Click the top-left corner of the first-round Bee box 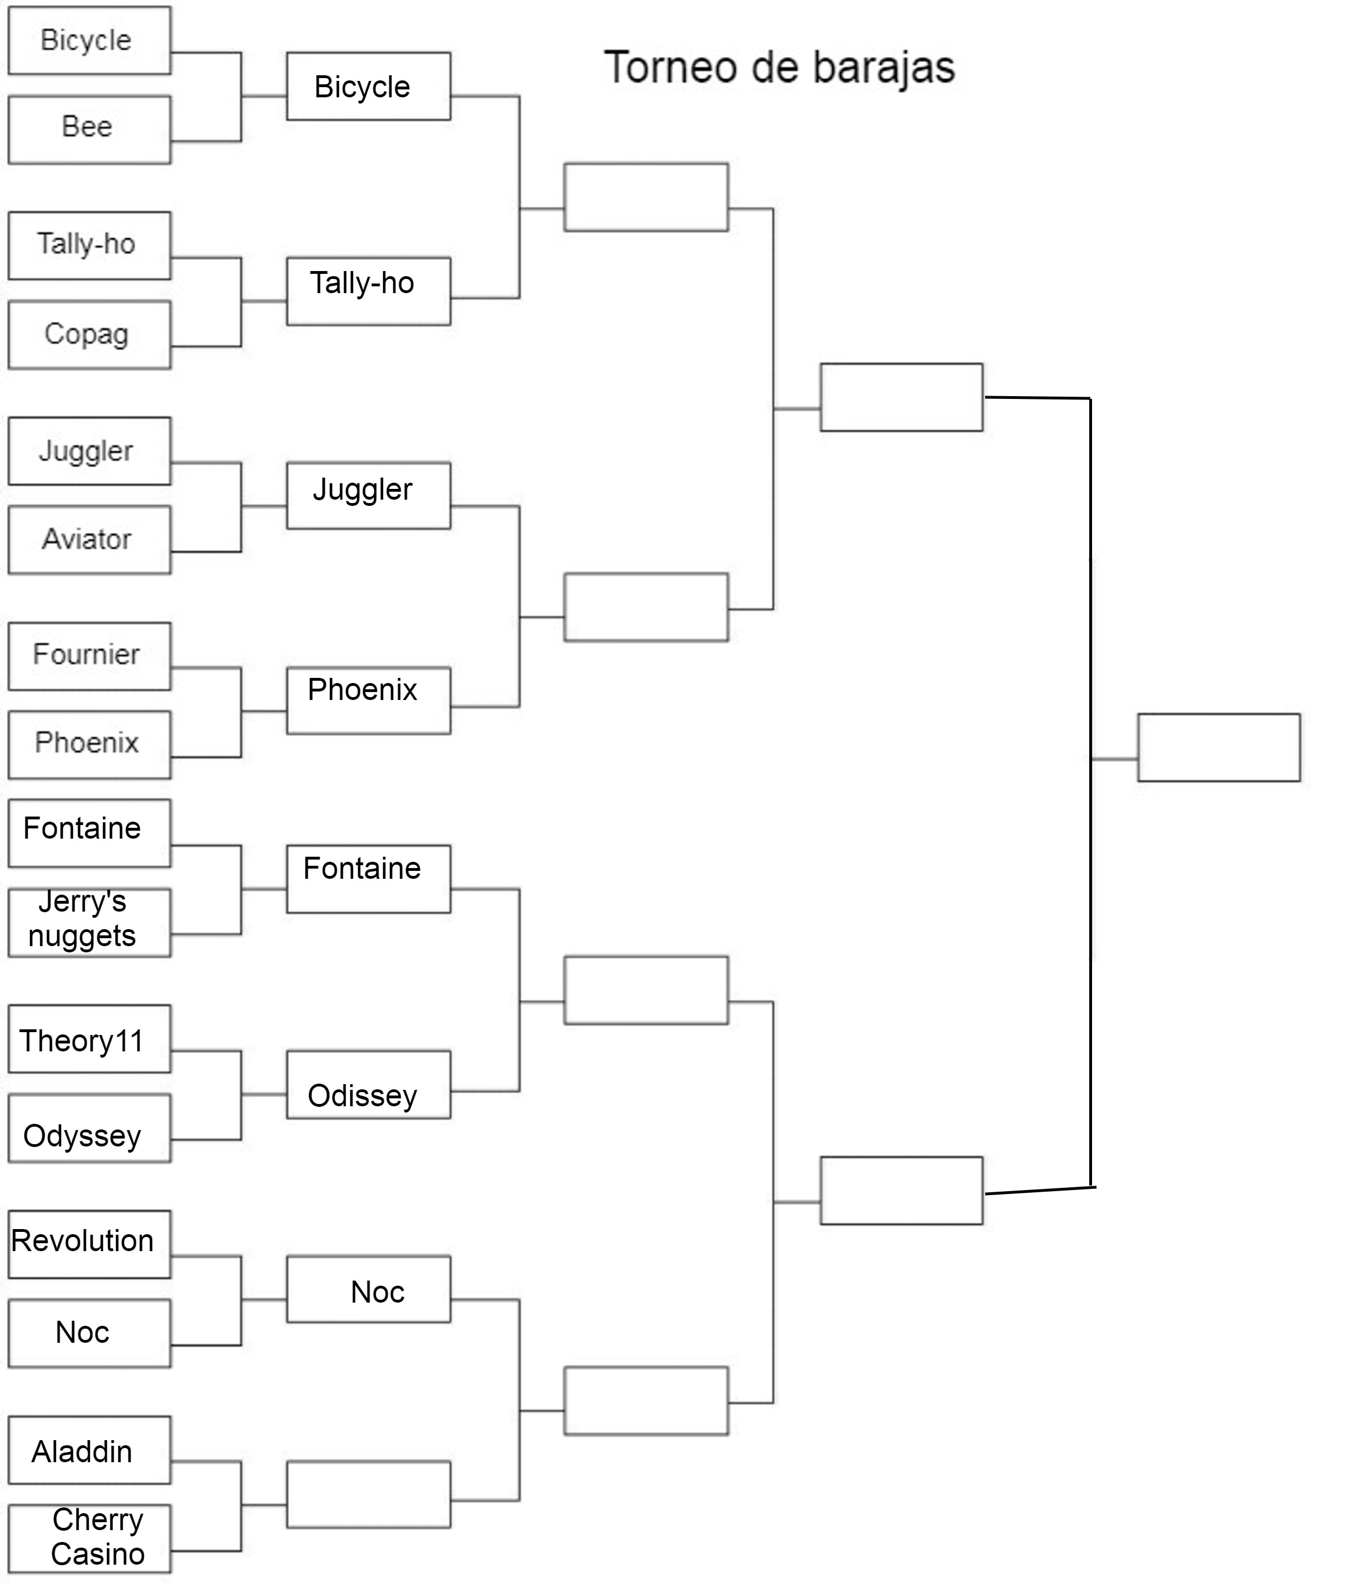[x=9, y=96]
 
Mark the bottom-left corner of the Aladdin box [x=9, y=1483]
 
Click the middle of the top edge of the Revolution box [x=89, y=1211]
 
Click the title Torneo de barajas [x=780, y=67]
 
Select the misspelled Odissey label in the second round [x=362, y=1096]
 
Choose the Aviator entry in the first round [x=87, y=539]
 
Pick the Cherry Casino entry [x=97, y=1537]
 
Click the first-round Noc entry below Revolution [x=82, y=1332]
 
